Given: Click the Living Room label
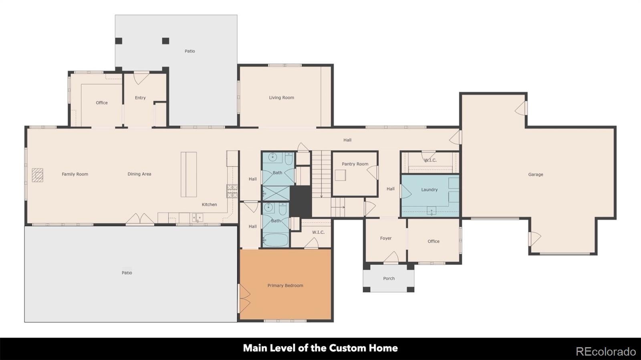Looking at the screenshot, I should (x=281, y=97).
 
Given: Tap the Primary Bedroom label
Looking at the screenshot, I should (x=285, y=286).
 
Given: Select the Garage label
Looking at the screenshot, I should (x=536, y=174).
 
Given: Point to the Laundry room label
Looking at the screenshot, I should (x=429, y=189).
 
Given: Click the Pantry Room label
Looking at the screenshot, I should (x=355, y=164).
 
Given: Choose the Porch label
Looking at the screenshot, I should (x=389, y=278).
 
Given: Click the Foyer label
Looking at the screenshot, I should (x=386, y=238).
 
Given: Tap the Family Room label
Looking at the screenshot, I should (x=75, y=174).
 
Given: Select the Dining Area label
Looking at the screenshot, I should (x=139, y=174).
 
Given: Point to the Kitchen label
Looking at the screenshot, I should (x=209, y=205).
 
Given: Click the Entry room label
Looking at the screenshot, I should (x=140, y=98).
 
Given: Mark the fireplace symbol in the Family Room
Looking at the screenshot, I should (x=37, y=175).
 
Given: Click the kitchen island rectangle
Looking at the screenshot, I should (x=189, y=174).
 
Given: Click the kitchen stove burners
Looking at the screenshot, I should (x=232, y=191).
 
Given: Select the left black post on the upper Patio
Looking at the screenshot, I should (x=119, y=41).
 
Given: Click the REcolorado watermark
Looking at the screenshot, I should (x=606, y=352).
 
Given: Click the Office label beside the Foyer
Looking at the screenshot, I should (x=433, y=241).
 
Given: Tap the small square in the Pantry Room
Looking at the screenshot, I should (x=341, y=175).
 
